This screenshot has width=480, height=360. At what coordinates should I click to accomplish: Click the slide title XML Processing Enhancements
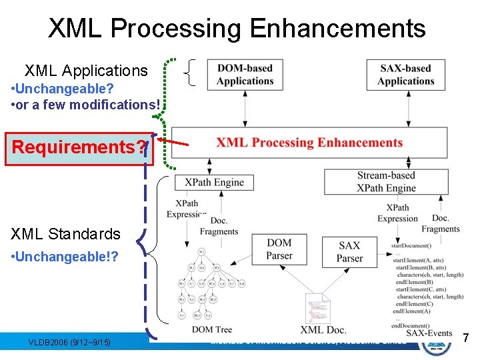click(237, 29)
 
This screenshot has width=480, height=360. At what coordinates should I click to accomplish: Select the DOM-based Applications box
click(245, 74)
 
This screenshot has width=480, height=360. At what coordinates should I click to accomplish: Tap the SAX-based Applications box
click(405, 74)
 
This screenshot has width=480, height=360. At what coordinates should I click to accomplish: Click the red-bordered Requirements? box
click(79, 147)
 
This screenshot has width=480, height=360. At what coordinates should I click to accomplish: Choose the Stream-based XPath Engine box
click(386, 181)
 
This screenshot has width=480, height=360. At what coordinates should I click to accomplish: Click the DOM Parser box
click(279, 249)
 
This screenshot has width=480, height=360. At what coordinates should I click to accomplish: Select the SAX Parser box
click(350, 251)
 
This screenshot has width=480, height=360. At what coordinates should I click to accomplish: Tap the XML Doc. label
click(323, 329)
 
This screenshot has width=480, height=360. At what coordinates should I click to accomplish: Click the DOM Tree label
click(211, 329)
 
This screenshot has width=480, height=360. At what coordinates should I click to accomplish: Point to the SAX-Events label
click(429, 333)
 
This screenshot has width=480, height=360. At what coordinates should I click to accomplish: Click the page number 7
click(466, 339)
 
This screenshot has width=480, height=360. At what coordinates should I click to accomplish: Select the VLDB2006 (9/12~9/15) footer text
click(69, 343)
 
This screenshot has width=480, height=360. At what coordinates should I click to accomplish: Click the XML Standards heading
click(65, 234)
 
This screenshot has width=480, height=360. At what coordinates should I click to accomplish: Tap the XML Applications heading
click(86, 71)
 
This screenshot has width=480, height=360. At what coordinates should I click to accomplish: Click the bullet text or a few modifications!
click(86, 105)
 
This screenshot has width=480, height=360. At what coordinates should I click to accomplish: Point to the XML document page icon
click(318, 309)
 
